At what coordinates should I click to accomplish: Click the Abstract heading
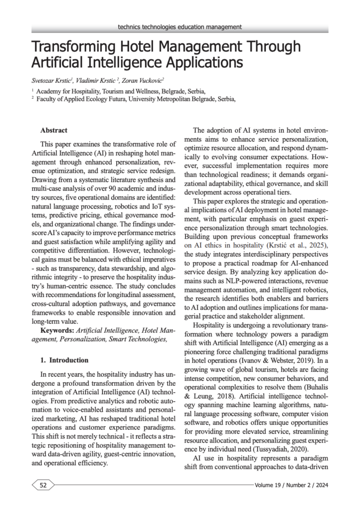pos(54,130)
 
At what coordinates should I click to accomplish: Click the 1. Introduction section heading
pos(64,360)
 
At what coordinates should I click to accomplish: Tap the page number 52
pos(43,485)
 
